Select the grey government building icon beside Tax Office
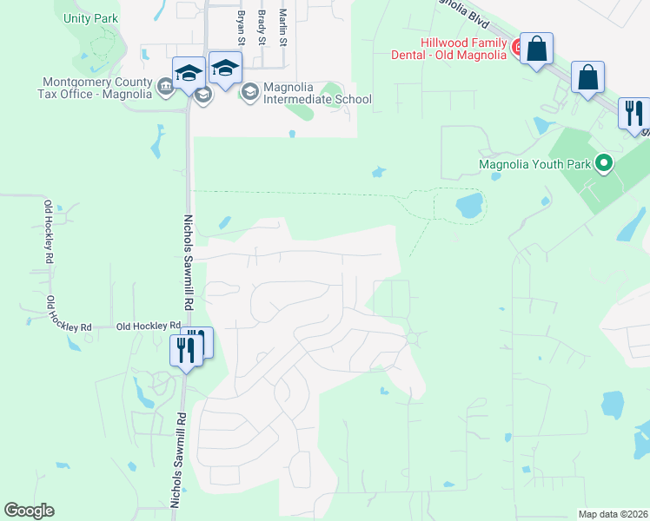point(164,87)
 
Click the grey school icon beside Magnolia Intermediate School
point(249,91)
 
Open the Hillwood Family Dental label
point(463,49)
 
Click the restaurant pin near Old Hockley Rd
point(186,349)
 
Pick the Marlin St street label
point(282,26)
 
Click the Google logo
point(29,511)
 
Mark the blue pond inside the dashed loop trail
point(469,206)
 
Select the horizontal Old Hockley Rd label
point(148,326)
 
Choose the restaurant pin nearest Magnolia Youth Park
point(634,113)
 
